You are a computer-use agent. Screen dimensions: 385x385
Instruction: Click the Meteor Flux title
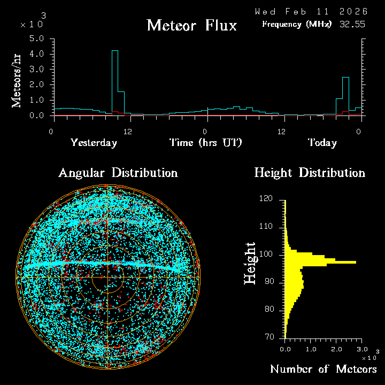[x=191, y=25]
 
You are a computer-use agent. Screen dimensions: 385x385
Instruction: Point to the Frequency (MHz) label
[x=297, y=24]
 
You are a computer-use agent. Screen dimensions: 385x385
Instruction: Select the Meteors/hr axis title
[x=18, y=80]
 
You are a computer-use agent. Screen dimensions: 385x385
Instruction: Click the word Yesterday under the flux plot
[x=94, y=143]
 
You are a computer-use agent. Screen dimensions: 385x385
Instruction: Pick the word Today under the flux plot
[x=322, y=143]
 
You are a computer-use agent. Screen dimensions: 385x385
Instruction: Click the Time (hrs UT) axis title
[x=206, y=143]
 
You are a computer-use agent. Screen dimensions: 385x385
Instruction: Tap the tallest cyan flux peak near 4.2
[x=114, y=51]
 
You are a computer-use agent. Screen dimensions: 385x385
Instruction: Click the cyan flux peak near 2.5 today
[x=345, y=78]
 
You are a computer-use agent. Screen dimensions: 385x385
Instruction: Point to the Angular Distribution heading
[x=118, y=173]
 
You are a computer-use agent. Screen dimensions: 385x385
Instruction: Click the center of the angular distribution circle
[x=107, y=277]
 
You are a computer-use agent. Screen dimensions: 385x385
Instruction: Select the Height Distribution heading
[x=310, y=173]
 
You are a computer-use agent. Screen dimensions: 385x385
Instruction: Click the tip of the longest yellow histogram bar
[x=356, y=262]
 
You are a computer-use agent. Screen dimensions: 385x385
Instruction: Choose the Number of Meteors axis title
[x=323, y=369]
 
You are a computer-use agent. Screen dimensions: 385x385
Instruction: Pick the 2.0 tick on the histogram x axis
[x=336, y=349]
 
